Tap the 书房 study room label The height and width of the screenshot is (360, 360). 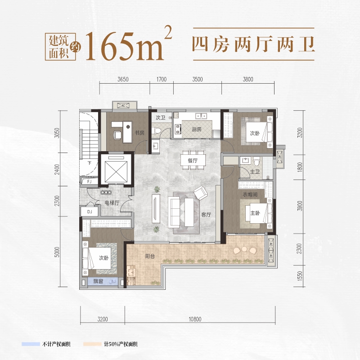tap(139, 133)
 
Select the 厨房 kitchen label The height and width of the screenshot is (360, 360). tap(197, 129)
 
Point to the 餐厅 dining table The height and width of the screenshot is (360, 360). tap(193, 160)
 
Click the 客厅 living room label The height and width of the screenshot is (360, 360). tap(206, 215)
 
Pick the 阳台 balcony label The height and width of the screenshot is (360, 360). tap(150, 256)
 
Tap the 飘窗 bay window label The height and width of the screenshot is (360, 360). tap(98, 281)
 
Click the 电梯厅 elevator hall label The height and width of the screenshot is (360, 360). tap(112, 203)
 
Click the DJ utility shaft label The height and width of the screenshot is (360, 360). tap(90, 211)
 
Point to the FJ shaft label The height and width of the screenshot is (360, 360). tap(89, 182)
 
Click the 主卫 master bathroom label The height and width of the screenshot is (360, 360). tap(255, 171)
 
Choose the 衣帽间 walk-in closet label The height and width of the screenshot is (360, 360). tap(250, 194)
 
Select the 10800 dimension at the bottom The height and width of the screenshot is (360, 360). tap(195, 319)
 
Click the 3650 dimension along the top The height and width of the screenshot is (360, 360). tap(123, 80)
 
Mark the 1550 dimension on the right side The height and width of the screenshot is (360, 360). tap(300, 276)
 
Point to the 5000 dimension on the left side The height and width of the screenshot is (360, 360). tap(57, 252)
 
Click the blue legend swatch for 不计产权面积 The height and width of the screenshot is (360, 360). tap(31, 344)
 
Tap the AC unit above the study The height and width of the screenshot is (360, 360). tap(123, 106)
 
